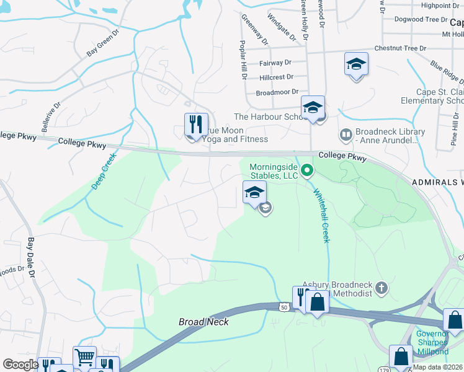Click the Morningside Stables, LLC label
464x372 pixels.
tap(274, 171)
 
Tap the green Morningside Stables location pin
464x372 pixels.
tap(306, 169)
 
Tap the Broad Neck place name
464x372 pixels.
tap(203, 322)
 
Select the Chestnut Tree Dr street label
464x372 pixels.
tap(400, 48)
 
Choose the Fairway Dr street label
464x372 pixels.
tap(275, 63)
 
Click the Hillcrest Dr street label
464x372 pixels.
tap(277, 77)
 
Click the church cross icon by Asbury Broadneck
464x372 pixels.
tap(381, 288)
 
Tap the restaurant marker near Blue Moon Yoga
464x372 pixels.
tap(195, 125)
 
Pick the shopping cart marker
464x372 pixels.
tap(84, 356)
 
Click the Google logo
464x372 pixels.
tap(20, 365)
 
